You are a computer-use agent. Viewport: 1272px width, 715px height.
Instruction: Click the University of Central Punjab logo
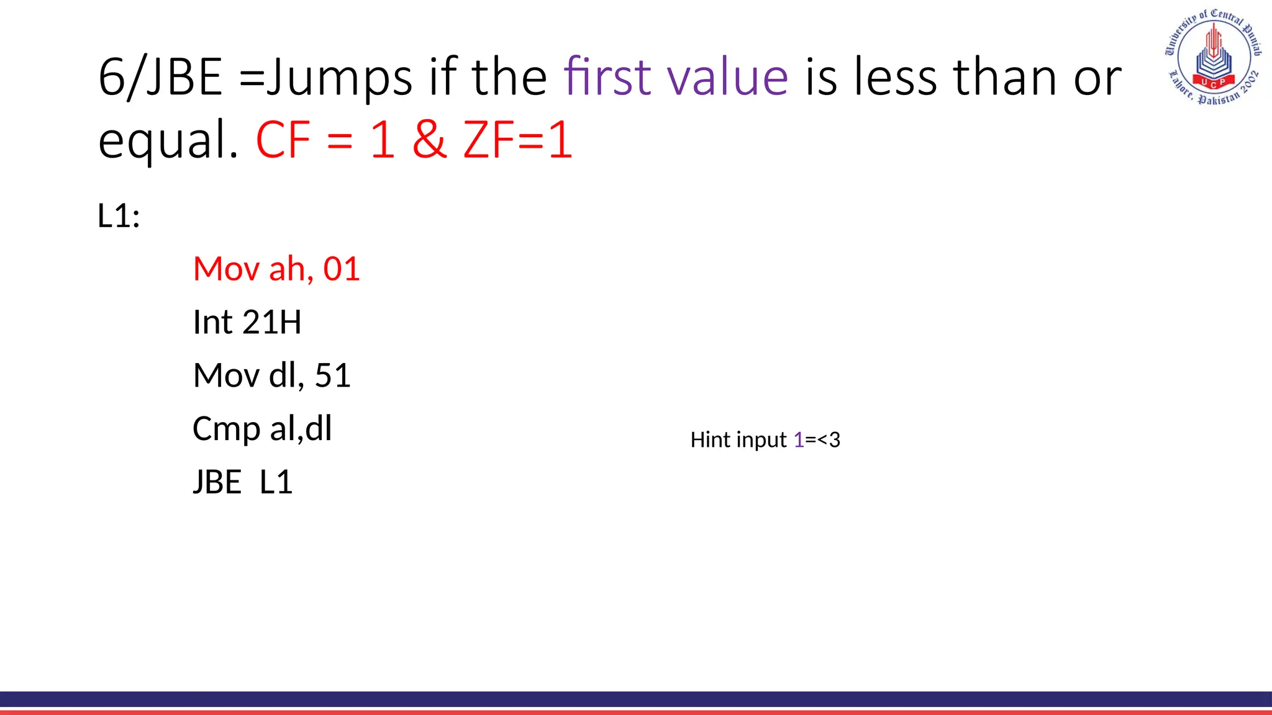pyautogui.click(x=1212, y=56)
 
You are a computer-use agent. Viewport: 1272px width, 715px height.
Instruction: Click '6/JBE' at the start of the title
pyautogui.click(x=160, y=77)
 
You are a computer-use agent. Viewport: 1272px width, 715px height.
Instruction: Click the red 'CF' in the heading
pyautogui.click(x=283, y=140)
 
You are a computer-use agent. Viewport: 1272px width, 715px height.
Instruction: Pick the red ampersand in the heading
pyautogui.click(x=429, y=140)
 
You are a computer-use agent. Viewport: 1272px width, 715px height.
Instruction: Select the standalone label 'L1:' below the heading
pyautogui.click(x=119, y=216)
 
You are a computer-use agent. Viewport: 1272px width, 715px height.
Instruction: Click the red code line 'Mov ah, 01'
pyautogui.click(x=276, y=269)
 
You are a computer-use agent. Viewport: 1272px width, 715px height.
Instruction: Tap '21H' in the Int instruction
pyautogui.click(x=271, y=322)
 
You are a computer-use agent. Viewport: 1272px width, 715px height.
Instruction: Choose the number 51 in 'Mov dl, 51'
pyautogui.click(x=333, y=375)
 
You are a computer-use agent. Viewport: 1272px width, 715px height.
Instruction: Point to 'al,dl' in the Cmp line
pyautogui.click(x=301, y=428)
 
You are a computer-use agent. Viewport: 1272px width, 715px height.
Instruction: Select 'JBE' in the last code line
pyautogui.click(x=217, y=482)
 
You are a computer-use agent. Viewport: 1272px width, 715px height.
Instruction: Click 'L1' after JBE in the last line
pyautogui.click(x=276, y=482)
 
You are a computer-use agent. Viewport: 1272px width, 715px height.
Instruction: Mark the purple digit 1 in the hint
pyautogui.click(x=799, y=439)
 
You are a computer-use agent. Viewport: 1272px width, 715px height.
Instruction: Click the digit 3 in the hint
pyautogui.click(x=834, y=439)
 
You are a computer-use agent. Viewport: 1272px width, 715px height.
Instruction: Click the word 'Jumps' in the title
pyautogui.click(x=339, y=77)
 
